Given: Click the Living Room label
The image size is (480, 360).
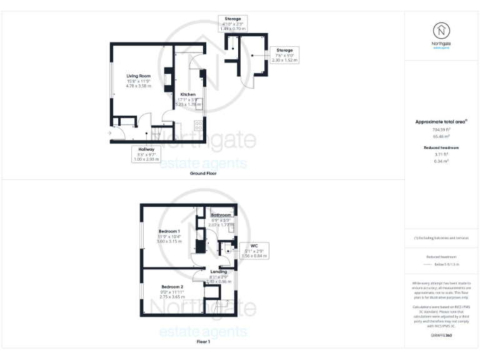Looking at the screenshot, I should pyautogui.click(x=140, y=81).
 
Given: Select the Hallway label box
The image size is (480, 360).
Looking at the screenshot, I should pyautogui.click(x=146, y=154).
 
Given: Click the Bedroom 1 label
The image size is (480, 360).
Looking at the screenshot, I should pyautogui.click(x=169, y=236).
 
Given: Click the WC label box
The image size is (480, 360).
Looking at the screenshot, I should pyautogui.click(x=254, y=251).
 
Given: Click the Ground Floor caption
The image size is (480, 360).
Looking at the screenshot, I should pyautogui.click(x=203, y=173).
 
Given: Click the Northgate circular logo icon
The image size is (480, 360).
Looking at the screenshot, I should pyautogui.click(x=442, y=30).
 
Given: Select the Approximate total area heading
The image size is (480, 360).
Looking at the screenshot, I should pyautogui.click(x=442, y=122).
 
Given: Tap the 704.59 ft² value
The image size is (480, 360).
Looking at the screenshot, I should pyautogui.click(x=442, y=129).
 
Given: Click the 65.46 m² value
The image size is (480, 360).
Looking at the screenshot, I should pyautogui.click(x=442, y=136).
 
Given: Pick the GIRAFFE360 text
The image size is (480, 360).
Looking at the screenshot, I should pyautogui.click(x=441, y=336).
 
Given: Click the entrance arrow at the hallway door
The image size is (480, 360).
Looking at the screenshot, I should pyautogui.click(x=109, y=132).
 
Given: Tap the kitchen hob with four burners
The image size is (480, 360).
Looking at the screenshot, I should pyautogui.click(x=198, y=124).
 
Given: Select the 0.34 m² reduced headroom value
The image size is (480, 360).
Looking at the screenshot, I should pyautogui.click(x=442, y=161).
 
